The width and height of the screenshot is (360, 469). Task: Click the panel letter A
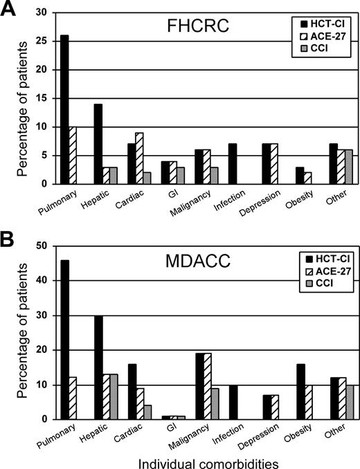(10, 10)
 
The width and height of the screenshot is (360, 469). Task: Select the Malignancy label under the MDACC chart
(181, 432)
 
